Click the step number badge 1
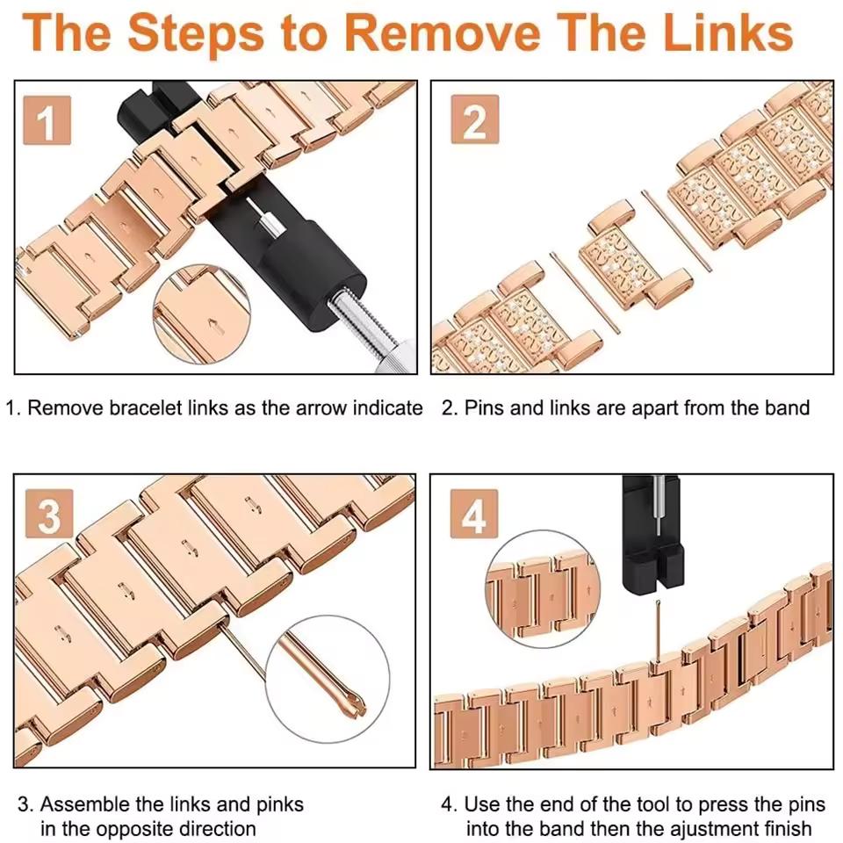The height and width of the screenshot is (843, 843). coord(47,120)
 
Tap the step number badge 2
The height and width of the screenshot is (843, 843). coord(475,119)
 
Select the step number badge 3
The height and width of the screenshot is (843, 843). coord(49,514)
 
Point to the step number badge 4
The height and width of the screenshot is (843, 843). coord(474,514)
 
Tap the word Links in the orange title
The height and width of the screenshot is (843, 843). coord(728,32)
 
